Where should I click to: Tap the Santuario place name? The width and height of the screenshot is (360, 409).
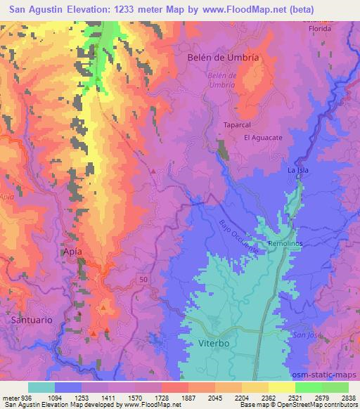32,319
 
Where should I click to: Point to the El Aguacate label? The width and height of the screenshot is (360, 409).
263,138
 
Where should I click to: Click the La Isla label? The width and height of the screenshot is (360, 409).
299,170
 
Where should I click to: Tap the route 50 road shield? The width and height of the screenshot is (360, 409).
143,280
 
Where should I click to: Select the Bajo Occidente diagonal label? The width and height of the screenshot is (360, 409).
239,237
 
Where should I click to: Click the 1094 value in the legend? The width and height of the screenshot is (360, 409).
69,397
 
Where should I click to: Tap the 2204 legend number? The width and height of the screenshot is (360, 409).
229,397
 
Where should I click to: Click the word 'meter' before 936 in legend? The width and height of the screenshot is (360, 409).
12,397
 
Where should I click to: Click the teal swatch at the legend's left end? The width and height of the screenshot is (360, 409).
41,387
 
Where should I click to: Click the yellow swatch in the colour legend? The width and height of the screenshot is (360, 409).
281,387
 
